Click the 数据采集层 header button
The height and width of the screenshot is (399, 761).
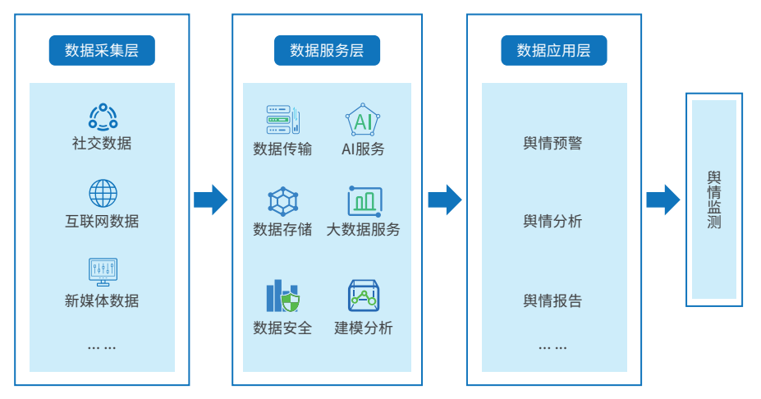pos(102,51)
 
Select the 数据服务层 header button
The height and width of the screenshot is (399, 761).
pos(327,51)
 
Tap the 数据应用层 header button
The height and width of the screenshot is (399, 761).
pos(553,51)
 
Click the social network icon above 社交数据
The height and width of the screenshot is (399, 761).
pos(103,116)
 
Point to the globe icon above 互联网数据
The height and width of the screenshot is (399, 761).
pos(103,194)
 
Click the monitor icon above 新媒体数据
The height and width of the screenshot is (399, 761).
pos(103,272)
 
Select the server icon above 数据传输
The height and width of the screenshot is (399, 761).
pos(282,120)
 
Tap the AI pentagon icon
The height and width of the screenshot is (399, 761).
pos(363,121)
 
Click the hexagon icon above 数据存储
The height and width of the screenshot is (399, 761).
pos(282,201)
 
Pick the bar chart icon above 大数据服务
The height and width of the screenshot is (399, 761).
pos(364,201)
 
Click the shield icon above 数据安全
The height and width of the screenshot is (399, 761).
pos(282,297)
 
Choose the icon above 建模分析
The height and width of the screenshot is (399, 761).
pos(363,296)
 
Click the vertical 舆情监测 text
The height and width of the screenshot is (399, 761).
pos(713,199)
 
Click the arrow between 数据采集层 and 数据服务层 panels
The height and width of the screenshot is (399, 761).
pos(210,199)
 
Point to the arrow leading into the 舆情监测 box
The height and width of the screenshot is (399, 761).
pos(662,199)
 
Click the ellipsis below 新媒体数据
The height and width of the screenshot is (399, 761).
pos(102,347)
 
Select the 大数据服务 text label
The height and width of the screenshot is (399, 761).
pos(363,230)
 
